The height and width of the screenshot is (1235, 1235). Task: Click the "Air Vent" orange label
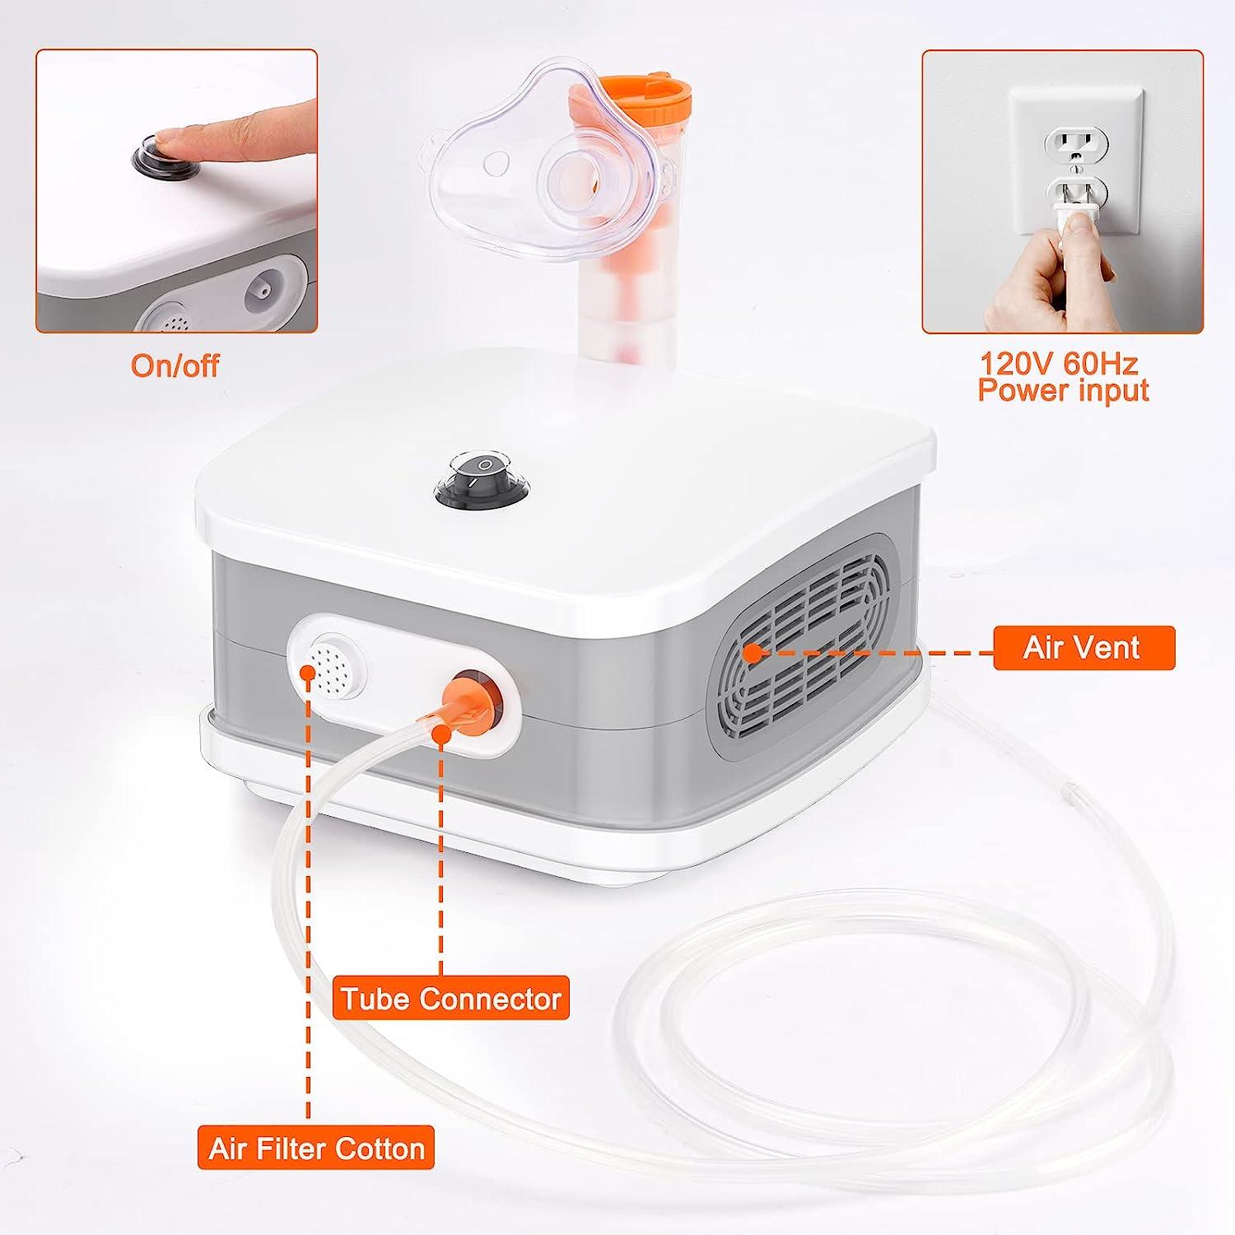pyautogui.click(x=1084, y=648)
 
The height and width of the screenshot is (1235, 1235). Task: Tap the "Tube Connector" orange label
pyautogui.click(x=451, y=998)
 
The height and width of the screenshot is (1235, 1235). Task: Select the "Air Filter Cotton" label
pyautogui.click(x=316, y=1148)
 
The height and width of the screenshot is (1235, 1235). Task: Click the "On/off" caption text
pyautogui.click(x=175, y=365)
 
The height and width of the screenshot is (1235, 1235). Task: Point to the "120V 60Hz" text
pyautogui.click(x=1060, y=363)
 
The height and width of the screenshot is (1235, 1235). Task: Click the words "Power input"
pyautogui.click(x=1063, y=390)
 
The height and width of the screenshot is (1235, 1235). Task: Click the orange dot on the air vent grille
pyautogui.click(x=752, y=654)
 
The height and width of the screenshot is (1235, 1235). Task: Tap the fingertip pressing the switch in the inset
pyautogui.click(x=169, y=141)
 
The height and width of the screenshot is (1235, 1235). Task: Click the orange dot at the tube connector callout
pyautogui.click(x=440, y=736)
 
